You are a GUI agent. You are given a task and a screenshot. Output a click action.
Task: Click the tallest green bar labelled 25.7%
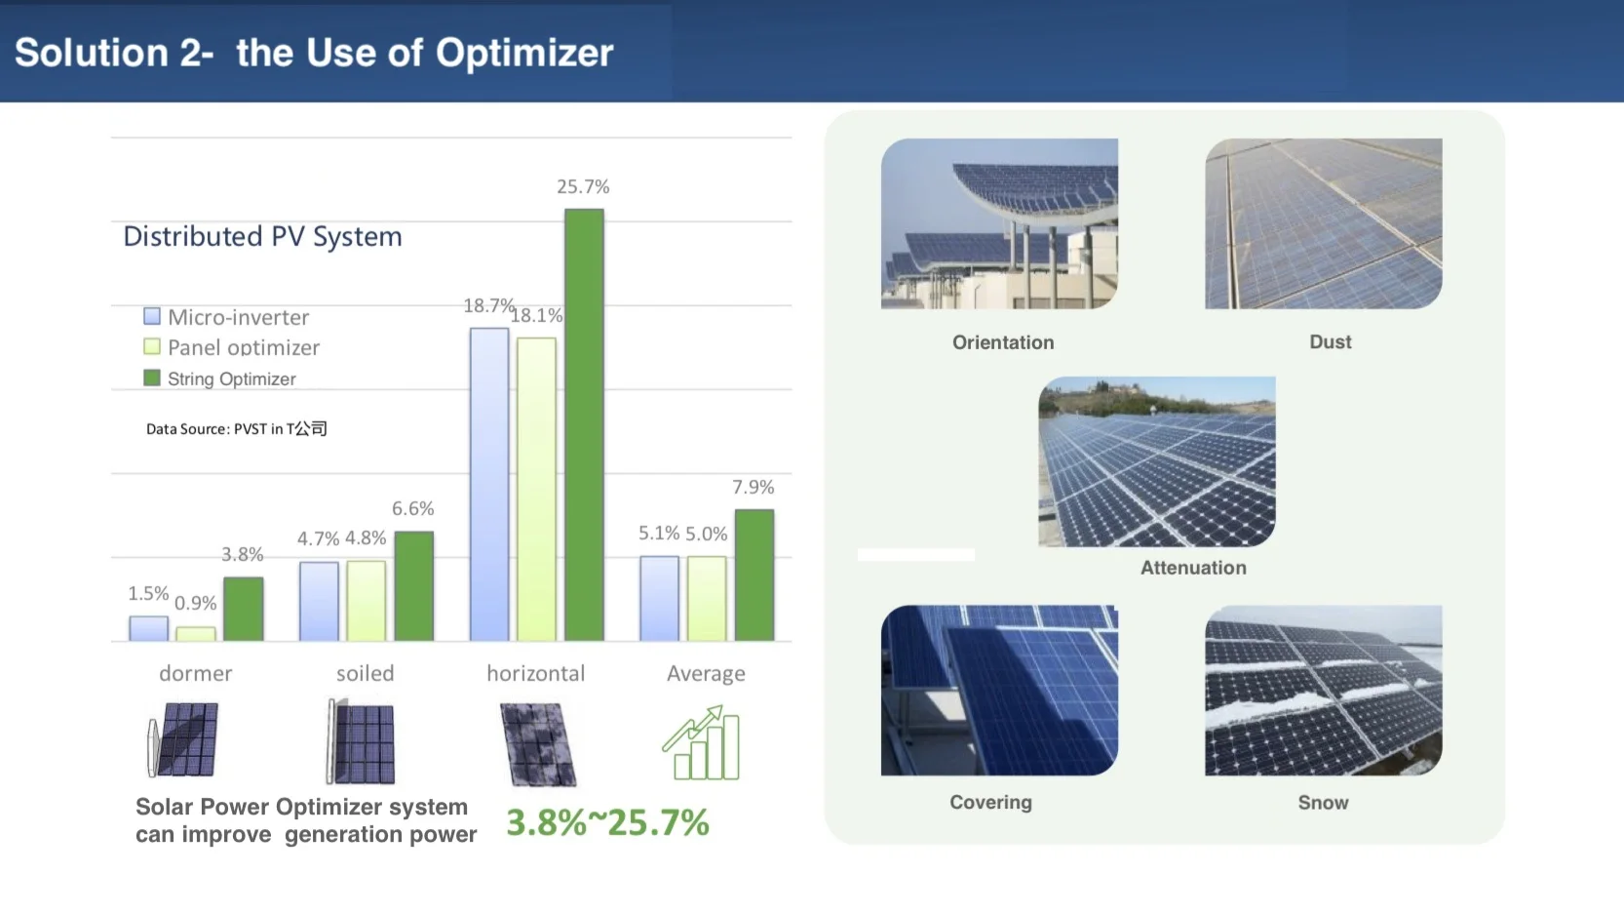584,424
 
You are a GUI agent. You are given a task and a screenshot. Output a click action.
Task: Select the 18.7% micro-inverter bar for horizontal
489,484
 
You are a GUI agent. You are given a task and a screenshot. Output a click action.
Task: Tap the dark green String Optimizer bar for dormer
244,609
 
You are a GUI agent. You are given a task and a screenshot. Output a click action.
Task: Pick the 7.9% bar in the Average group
754,575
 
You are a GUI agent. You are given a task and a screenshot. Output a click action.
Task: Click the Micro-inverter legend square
152,316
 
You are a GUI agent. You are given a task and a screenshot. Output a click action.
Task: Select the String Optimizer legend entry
231,378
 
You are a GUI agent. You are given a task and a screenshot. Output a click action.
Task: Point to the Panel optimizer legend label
244,347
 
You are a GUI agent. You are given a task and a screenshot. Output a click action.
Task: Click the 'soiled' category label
366,673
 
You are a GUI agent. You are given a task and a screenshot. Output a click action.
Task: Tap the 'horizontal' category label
535,673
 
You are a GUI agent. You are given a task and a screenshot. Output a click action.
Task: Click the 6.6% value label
412,508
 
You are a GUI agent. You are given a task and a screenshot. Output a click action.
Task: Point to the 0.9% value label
195,603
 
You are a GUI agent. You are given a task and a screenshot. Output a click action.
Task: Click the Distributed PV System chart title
262,236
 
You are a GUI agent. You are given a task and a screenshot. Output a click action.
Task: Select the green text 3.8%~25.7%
607,822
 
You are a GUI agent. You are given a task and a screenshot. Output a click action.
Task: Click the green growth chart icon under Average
702,743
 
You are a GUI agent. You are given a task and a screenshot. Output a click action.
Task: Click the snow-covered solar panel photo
1323,691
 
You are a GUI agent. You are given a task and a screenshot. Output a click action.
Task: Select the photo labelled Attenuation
1156,461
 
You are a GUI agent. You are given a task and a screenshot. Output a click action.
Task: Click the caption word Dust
1330,341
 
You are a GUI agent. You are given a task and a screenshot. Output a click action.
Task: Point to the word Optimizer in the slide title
524,53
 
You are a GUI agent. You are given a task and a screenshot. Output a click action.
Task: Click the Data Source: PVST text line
236,428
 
